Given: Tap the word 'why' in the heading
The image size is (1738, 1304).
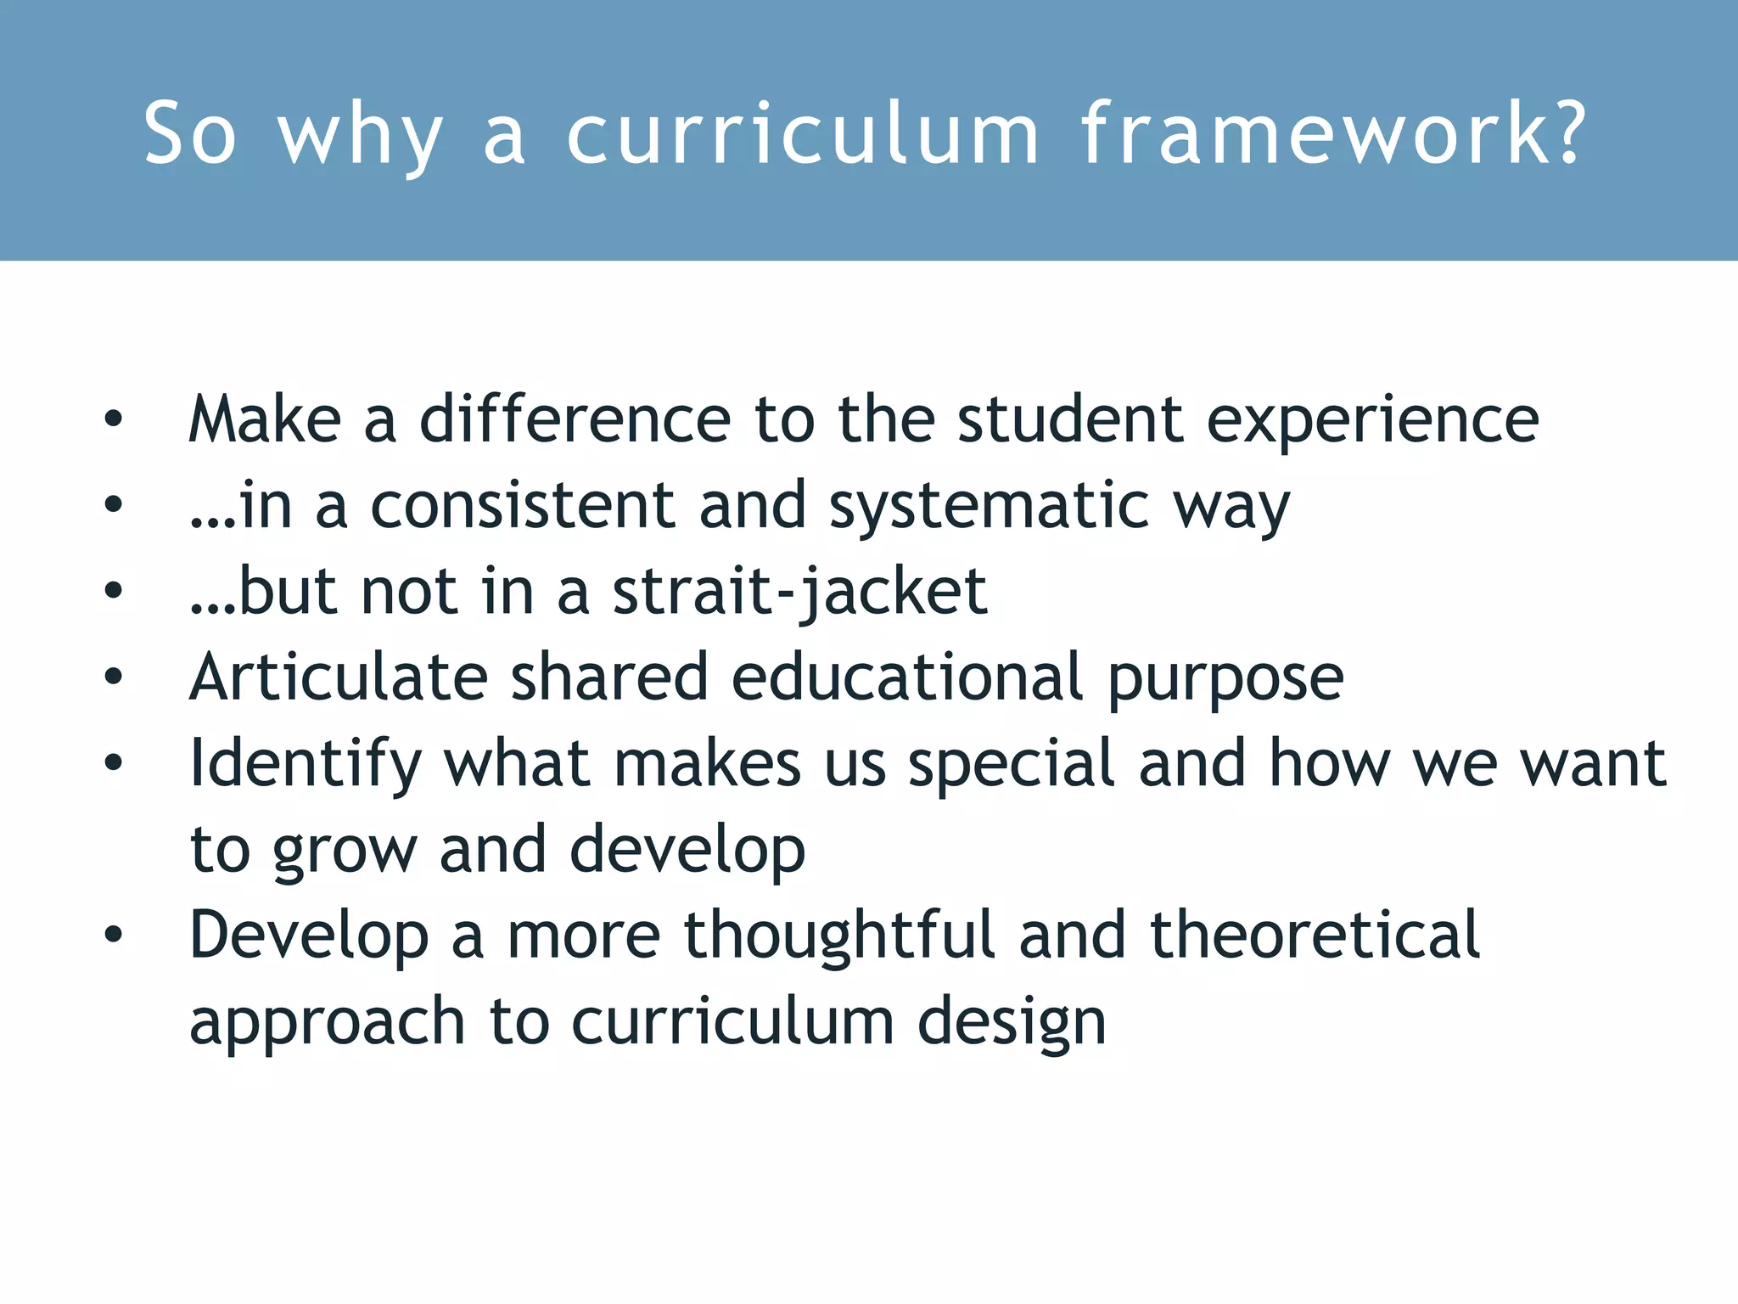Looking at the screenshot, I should click(x=360, y=136).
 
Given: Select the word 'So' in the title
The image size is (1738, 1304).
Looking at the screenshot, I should click(x=189, y=134).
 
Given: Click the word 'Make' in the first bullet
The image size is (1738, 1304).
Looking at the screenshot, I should click(x=265, y=419).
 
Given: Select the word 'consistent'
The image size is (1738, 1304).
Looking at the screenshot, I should click(x=523, y=506).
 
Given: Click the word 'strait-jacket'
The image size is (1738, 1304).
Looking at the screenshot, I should click(x=800, y=593).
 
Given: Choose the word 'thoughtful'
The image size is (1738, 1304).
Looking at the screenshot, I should click(x=839, y=935).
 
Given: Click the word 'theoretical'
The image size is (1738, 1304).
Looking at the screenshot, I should click(x=1315, y=935).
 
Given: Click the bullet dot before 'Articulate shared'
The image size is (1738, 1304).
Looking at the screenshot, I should click(x=113, y=677).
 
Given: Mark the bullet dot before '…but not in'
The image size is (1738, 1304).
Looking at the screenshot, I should click(x=113, y=591).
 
